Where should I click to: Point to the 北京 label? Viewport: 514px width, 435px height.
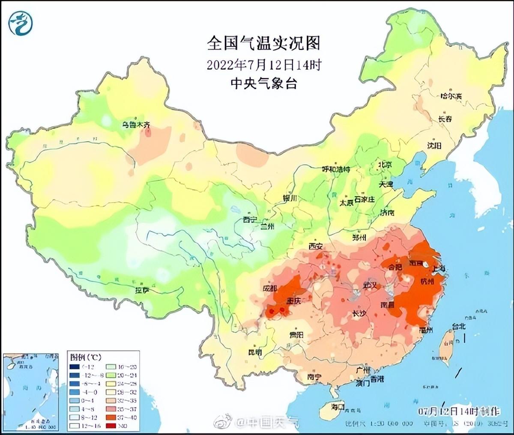(385, 164)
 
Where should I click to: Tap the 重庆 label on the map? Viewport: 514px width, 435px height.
(294, 301)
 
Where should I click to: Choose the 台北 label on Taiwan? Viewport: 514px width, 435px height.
(458, 326)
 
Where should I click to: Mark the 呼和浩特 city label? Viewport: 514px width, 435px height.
(336, 169)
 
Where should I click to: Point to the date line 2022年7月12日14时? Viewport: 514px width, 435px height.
(264, 65)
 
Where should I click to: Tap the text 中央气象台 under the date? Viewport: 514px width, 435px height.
(264, 83)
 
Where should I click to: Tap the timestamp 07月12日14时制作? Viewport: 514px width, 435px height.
(459, 411)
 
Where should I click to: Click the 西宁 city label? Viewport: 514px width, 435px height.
(250, 220)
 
